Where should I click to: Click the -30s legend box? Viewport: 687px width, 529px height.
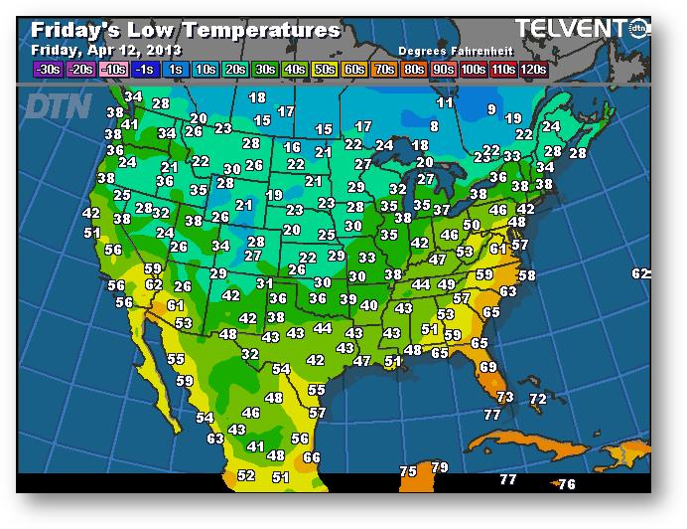(x=47, y=69)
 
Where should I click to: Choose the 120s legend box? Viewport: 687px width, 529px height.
(x=533, y=69)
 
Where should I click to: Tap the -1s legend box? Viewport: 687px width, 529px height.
(x=144, y=69)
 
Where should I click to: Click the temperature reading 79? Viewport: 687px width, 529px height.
(x=440, y=467)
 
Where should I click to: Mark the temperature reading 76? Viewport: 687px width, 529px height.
(x=566, y=484)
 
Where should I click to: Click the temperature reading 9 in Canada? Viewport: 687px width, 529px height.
(x=491, y=109)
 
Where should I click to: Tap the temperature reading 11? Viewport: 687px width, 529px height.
(x=445, y=102)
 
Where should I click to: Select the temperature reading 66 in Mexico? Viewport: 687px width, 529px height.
(x=312, y=457)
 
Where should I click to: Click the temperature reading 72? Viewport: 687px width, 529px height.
(x=538, y=399)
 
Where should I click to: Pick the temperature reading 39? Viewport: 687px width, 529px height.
(x=347, y=299)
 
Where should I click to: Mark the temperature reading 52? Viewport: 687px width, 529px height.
(x=246, y=476)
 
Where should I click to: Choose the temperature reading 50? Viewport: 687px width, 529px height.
(x=472, y=225)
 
